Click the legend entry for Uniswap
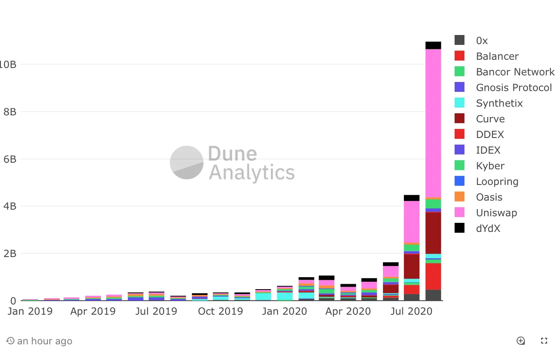tap(496, 213)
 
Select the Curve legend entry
tap(490, 119)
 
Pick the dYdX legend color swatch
tap(460, 228)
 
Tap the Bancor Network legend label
tap(515, 72)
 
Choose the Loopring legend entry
tap(497, 181)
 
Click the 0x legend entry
tap(481, 40)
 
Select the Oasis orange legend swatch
tap(460, 196)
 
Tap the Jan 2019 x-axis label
tap(30, 311)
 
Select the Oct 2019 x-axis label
tap(221, 311)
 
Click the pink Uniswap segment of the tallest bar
tap(433, 124)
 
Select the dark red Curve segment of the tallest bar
tap(433, 233)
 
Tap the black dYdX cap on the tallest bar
tap(433, 45)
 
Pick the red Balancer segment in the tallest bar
tap(433, 276)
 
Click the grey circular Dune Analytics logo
tap(187, 162)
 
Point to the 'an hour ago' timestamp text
tap(44, 341)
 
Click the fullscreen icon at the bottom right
tap(544, 341)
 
